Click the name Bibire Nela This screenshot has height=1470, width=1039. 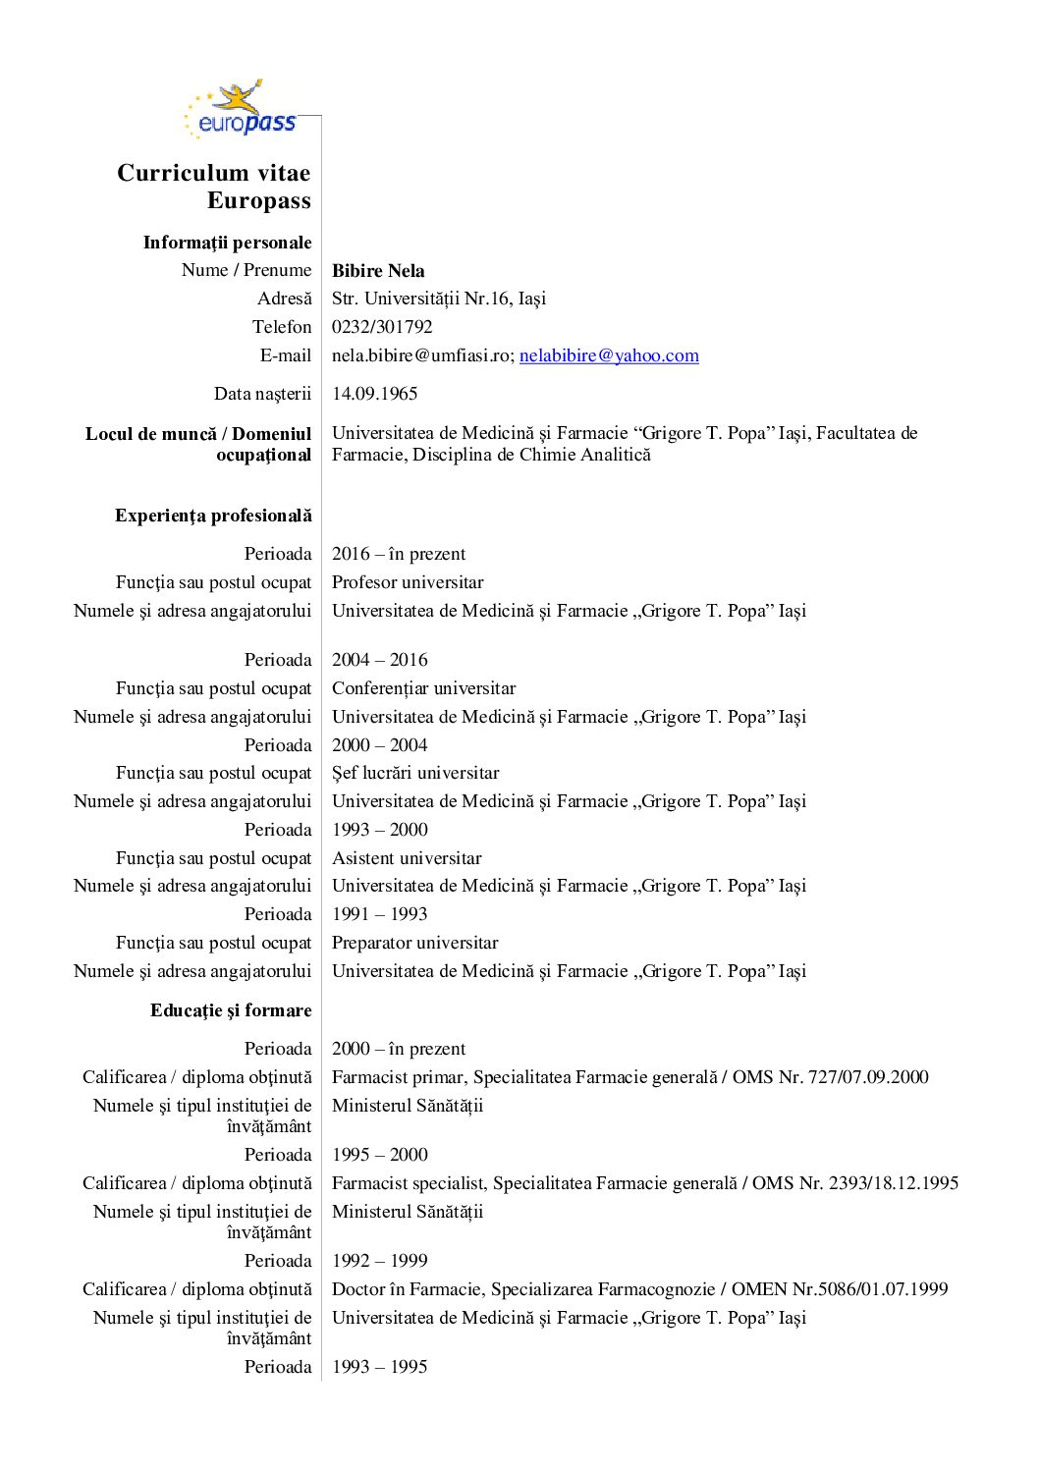click(378, 271)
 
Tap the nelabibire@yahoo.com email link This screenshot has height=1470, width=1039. click(609, 355)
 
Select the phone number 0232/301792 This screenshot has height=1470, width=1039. click(382, 327)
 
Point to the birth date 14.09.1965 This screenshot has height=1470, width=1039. click(374, 394)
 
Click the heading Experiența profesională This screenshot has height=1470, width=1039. click(213, 516)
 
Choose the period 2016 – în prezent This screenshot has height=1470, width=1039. click(399, 554)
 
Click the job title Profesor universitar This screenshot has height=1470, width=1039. click(408, 582)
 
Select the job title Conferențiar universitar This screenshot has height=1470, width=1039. click(423, 688)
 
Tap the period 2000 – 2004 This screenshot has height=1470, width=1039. click(379, 745)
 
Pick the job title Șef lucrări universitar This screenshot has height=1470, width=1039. click(415, 773)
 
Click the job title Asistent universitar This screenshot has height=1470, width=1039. click(407, 858)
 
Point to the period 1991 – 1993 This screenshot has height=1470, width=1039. click(379, 914)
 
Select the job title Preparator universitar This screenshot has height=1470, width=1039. click(414, 943)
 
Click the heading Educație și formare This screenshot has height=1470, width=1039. click(231, 1010)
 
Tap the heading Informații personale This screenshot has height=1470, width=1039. click(227, 243)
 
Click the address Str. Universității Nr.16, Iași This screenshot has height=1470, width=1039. click(438, 299)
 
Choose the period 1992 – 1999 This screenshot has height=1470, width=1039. click(379, 1261)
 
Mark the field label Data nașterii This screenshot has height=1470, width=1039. click(262, 394)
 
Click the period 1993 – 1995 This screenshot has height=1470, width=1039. click(379, 1367)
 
